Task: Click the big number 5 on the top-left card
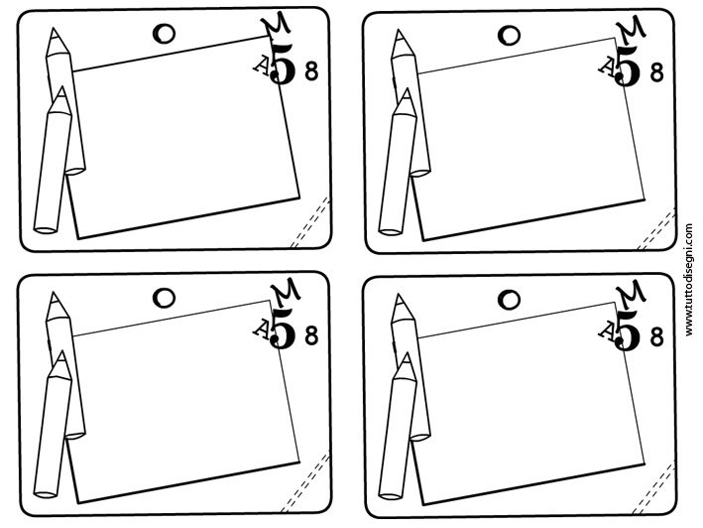(x=284, y=65)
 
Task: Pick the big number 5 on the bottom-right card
(x=628, y=330)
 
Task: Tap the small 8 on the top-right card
(x=656, y=72)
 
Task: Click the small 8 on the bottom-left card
(x=311, y=335)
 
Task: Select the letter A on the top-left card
(x=262, y=66)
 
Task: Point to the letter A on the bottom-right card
(x=607, y=331)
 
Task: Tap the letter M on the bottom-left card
(x=286, y=292)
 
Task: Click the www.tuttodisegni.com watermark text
(x=689, y=280)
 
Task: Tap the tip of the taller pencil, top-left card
(x=54, y=29)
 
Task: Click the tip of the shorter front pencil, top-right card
(x=407, y=88)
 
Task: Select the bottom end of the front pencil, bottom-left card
(x=46, y=495)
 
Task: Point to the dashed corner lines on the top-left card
(x=310, y=222)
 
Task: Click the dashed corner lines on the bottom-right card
(x=653, y=489)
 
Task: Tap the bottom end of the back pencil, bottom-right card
(x=420, y=437)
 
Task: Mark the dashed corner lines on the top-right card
(x=656, y=229)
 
